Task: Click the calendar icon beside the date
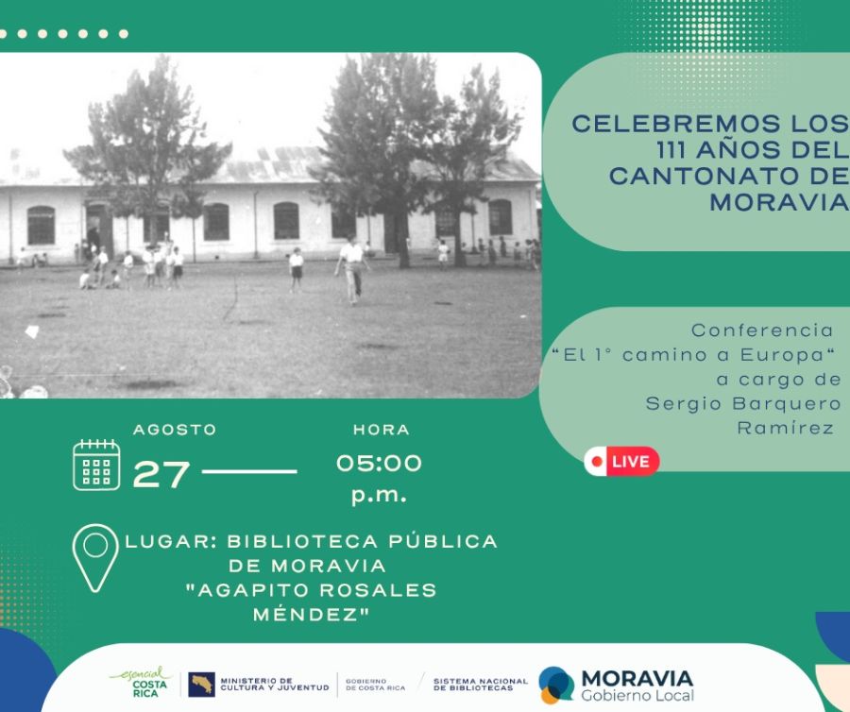click(96, 465)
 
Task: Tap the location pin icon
click(95, 557)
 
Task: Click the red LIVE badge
click(621, 461)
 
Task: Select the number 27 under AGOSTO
click(161, 473)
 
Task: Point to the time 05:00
click(379, 463)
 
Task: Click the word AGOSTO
click(175, 429)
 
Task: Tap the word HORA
click(381, 430)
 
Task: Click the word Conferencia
click(762, 331)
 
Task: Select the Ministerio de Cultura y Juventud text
click(274, 684)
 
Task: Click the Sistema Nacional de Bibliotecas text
click(480, 684)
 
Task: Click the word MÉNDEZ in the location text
click(311, 614)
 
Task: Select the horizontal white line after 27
click(249, 471)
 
